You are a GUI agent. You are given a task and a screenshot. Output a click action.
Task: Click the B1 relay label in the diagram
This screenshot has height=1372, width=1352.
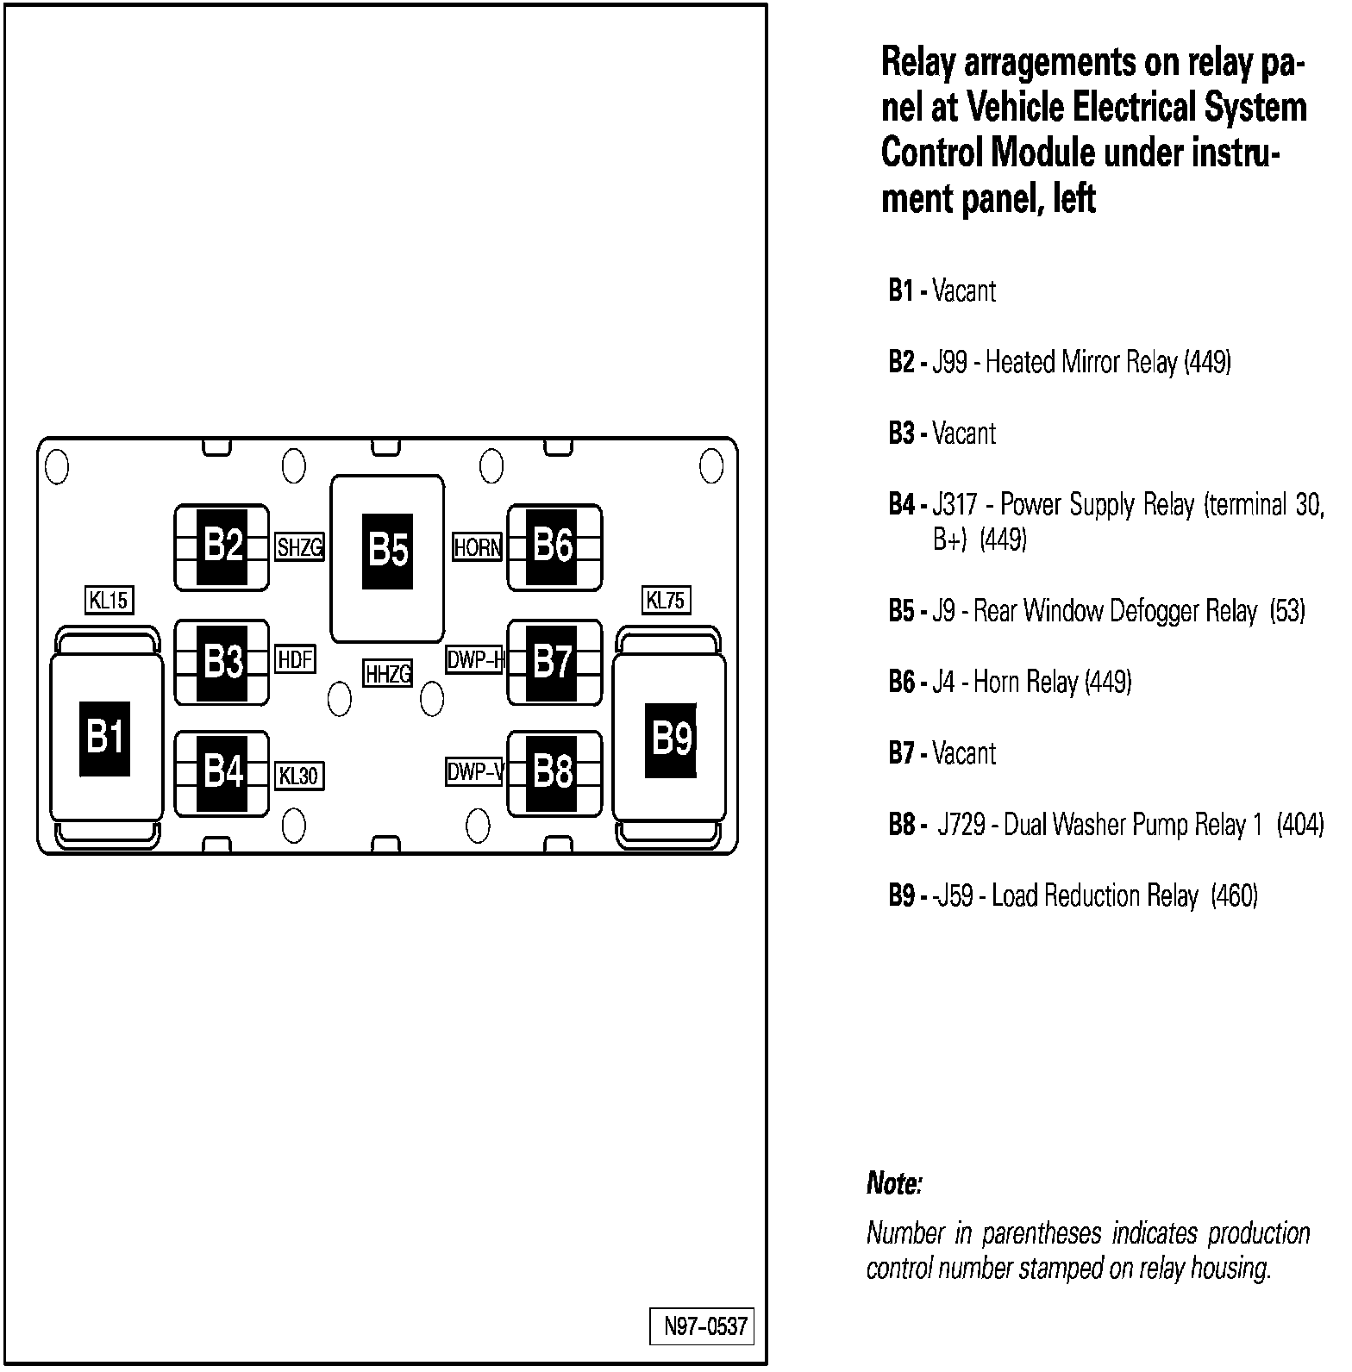pos(105,738)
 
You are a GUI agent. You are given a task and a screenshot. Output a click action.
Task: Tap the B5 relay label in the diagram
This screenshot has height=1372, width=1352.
pos(387,551)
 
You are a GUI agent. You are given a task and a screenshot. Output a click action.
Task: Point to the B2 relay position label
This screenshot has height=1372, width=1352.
pos(222,546)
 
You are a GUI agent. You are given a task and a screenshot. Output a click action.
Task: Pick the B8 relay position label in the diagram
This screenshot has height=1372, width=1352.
pos(553,772)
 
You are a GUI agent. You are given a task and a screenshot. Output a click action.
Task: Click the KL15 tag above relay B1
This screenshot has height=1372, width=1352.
pos(110,600)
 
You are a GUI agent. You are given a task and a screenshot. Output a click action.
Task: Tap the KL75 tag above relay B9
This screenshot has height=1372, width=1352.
pos(666,600)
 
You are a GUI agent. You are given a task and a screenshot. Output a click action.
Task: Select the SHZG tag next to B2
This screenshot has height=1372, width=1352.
pos(299,547)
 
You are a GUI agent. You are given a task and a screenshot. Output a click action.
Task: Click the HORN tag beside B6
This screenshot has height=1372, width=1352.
pos(478,547)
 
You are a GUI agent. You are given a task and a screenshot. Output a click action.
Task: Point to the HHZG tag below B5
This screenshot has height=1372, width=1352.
pos(388,673)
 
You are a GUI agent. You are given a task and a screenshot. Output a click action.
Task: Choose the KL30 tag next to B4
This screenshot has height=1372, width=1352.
pos(298,776)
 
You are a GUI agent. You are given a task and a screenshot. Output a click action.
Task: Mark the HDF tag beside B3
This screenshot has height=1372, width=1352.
pos(295,660)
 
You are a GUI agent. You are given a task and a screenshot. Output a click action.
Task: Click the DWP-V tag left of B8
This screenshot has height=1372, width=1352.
pos(474,772)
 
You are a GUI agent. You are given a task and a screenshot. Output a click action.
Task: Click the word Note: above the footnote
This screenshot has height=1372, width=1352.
pos(894,1184)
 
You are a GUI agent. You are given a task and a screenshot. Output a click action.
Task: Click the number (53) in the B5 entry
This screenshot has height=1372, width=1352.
pos(1288,612)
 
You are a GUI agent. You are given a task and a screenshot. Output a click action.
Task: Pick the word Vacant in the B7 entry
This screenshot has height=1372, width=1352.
pos(964,754)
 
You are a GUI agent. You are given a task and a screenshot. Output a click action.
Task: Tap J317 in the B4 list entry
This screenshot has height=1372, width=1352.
pos(955,505)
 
